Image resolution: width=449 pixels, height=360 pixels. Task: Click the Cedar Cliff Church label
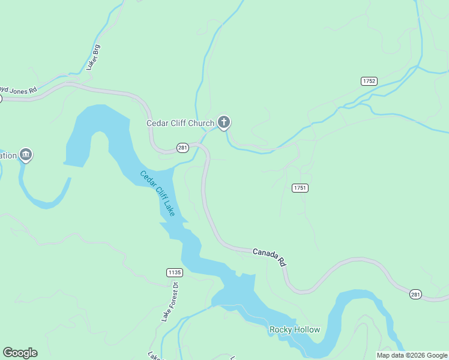[x=180, y=124]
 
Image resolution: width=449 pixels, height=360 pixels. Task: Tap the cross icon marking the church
[x=224, y=123]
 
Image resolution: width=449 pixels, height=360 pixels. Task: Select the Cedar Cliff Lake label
[x=157, y=194]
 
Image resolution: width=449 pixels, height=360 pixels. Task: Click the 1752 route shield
[x=369, y=81]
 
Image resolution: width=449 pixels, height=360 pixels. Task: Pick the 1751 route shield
[x=300, y=188]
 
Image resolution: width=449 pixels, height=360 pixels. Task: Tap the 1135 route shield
[x=174, y=272]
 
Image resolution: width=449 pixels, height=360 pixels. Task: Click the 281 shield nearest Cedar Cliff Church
[x=183, y=147]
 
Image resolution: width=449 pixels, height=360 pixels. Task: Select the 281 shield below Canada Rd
[x=415, y=294]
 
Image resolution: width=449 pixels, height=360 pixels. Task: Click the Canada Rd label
[x=269, y=257]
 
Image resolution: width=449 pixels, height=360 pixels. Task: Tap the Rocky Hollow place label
[x=295, y=329]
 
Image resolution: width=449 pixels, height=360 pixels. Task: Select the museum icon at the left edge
[x=25, y=155]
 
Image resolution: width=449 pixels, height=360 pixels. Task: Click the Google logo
[x=20, y=353]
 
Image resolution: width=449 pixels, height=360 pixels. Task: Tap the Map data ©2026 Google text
[x=411, y=355]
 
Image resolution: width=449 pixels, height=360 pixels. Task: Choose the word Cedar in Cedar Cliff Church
[x=159, y=124]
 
